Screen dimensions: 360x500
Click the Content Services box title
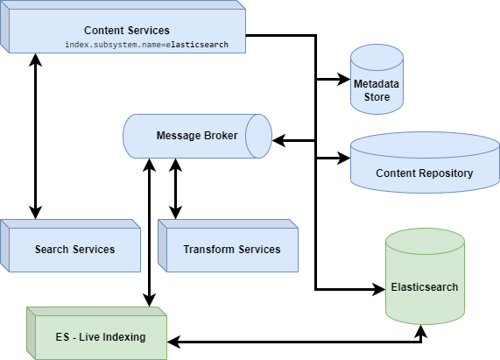[x=127, y=31]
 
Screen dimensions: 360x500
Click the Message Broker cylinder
[x=197, y=136]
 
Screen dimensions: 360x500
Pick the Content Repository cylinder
[x=424, y=166]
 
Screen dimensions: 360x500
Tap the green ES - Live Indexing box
[x=96, y=336]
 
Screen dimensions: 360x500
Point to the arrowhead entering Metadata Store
[x=344, y=80]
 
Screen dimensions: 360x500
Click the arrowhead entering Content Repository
[x=344, y=159]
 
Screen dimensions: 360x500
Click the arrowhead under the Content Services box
[x=35, y=60]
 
